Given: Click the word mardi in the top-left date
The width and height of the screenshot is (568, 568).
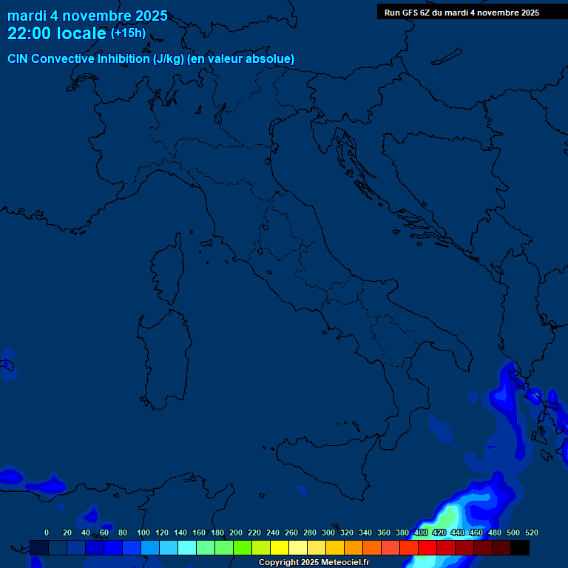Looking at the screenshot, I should pyautogui.click(x=27, y=16).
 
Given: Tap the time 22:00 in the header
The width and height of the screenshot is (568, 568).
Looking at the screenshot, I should pyautogui.click(x=29, y=33).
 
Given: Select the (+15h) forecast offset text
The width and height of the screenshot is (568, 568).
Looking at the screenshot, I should pyautogui.click(x=128, y=33).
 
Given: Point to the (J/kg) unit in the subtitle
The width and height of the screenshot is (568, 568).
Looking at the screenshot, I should pyautogui.click(x=169, y=58).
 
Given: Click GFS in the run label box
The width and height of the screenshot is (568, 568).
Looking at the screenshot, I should pyautogui.click(x=410, y=13).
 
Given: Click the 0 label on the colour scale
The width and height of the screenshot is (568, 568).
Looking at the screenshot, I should pyautogui.click(x=47, y=532).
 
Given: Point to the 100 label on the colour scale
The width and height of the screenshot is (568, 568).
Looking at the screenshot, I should pyautogui.click(x=143, y=532).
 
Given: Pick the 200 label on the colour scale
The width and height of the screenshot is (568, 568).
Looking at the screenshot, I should pyautogui.click(x=236, y=532).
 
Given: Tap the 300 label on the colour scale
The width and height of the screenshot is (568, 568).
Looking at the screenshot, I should pyautogui.click(x=328, y=532).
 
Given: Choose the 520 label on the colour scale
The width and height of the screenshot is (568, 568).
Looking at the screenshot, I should pyautogui.click(x=531, y=532).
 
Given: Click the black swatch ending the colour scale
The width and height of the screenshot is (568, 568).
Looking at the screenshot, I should pyautogui.click(x=520, y=548).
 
